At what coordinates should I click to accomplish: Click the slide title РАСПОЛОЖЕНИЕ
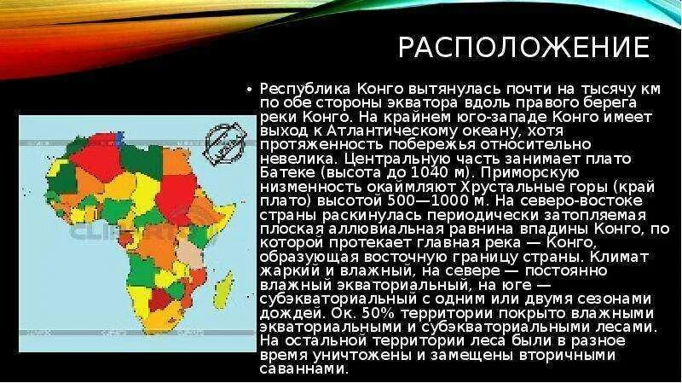pos(523,48)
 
